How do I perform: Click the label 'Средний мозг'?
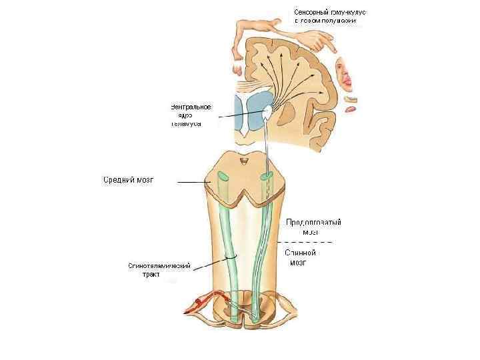coord(129,180)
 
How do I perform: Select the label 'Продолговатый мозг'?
coord(313,227)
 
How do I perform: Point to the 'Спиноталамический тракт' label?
coord(159,269)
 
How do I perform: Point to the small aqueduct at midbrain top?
coord(244,161)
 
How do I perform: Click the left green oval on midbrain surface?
coord(221,178)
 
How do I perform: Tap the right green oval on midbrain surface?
coord(267,177)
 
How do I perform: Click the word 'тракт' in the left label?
coord(151,274)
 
